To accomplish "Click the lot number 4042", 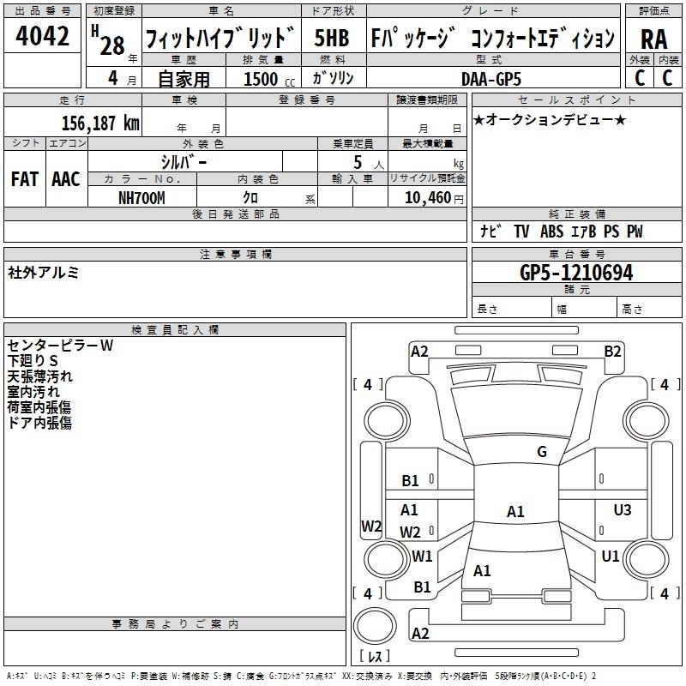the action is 42,36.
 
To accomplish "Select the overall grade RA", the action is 653,39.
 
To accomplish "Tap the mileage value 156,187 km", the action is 100,123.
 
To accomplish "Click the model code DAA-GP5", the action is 491,79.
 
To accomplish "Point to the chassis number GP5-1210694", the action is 576,273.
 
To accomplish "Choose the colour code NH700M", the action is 141,198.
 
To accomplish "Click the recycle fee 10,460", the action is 428,198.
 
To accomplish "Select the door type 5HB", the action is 332,38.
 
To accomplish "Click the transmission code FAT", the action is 25,179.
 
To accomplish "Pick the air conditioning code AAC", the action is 66,179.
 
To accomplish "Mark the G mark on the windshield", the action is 542,451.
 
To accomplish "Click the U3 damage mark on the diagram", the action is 623,509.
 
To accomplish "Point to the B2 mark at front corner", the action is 612,352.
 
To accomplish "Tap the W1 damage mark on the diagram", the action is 422,556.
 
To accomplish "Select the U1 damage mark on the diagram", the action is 611,556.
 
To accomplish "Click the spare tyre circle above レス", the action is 375,626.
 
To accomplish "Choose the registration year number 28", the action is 112,45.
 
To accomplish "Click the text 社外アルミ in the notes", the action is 43,273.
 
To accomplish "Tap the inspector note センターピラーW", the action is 60,346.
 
